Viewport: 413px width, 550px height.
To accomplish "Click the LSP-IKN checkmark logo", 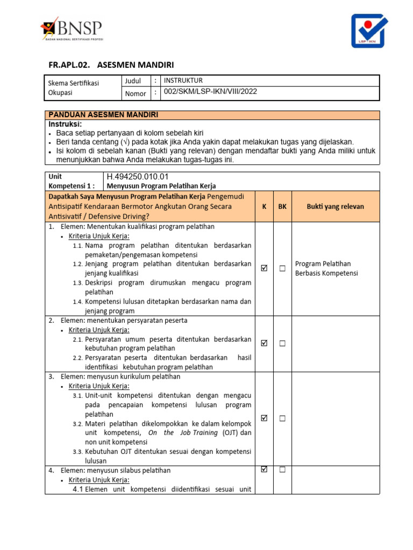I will pyautogui.click(x=372, y=31).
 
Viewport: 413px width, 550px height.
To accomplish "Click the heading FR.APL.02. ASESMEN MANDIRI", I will pyautogui.click(x=111, y=65).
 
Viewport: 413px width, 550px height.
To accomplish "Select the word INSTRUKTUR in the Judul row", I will pyautogui.click(x=183, y=81).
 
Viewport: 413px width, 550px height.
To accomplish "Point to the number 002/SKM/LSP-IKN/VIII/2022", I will pyautogui.click(x=210, y=92).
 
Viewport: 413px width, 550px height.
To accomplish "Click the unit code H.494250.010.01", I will pyautogui.click(x=138, y=176).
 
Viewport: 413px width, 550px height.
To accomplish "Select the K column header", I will pyautogui.click(x=264, y=206).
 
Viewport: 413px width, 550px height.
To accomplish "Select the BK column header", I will pyautogui.click(x=282, y=206).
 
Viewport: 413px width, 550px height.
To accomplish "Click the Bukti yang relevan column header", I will pyautogui.click(x=335, y=206).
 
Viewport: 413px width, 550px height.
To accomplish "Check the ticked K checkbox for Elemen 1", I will pyautogui.click(x=264, y=269).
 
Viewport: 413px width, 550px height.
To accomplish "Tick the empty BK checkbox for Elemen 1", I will pyautogui.click(x=282, y=269).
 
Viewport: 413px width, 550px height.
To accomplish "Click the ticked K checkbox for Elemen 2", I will pyautogui.click(x=264, y=343).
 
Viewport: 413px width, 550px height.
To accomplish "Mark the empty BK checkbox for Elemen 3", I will pyautogui.click(x=282, y=418).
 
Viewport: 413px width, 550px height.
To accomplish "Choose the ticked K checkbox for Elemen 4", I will pyautogui.click(x=264, y=469).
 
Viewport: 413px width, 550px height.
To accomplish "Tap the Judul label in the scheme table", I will pyautogui.click(x=133, y=81).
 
